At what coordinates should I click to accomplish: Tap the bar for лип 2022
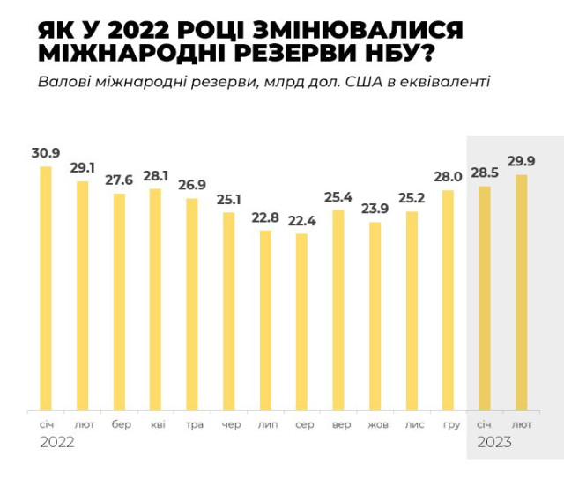click(266, 320)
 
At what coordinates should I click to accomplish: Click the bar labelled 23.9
click(375, 316)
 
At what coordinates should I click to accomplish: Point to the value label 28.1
click(156, 175)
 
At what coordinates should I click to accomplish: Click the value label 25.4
click(338, 196)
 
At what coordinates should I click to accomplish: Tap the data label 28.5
click(485, 173)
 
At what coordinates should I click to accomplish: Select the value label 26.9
click(192, 185)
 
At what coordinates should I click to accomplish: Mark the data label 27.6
click(119, 180)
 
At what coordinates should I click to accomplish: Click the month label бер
click(122, 424)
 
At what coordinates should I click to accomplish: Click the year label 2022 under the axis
click(57, 443)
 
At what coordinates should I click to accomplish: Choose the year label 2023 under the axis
click(494, 443)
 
